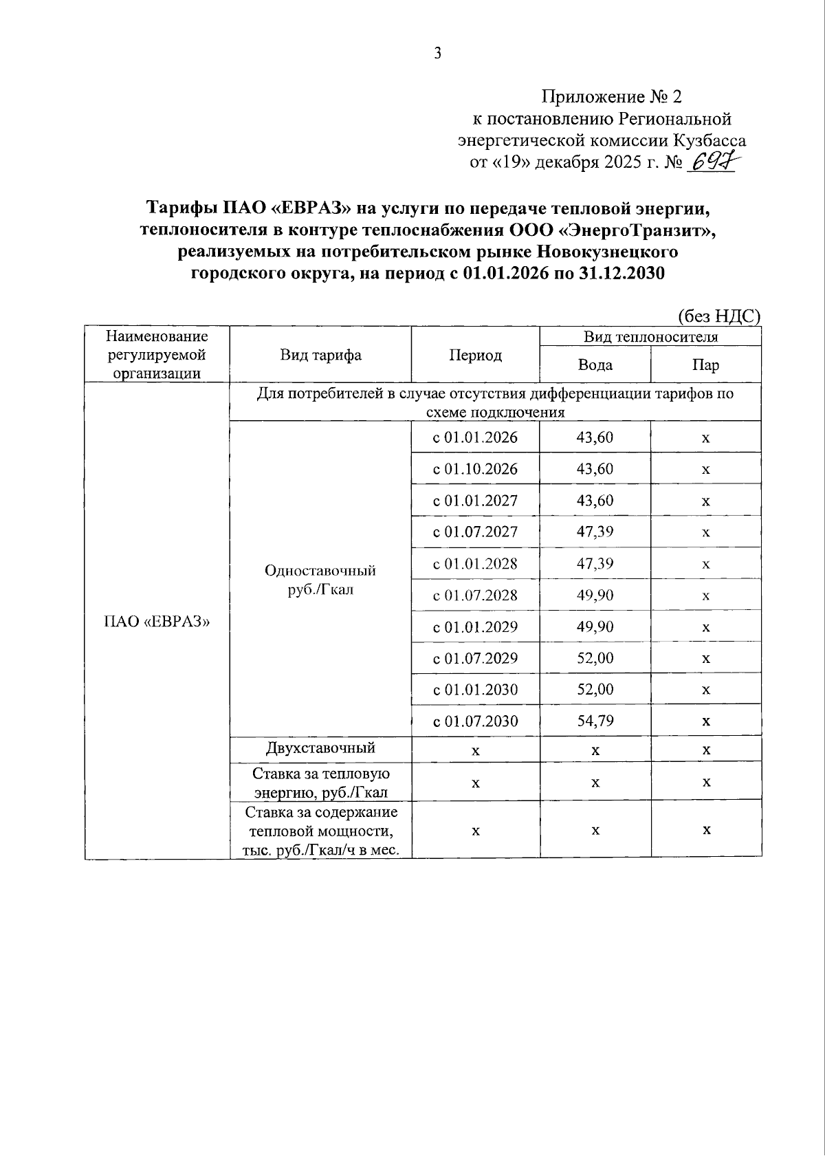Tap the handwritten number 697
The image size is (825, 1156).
point(713,163)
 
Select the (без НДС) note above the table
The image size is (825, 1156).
point(719,316)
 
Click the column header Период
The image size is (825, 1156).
point(475,355)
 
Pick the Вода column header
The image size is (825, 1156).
point(595,364)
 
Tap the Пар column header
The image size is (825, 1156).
point(705,364)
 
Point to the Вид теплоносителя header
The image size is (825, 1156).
point(650,336)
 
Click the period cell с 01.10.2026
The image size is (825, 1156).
point(475,469)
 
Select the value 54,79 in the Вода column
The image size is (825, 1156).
point(595,721)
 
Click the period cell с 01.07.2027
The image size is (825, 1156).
point(475,532)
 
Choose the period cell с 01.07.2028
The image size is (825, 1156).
point(475,595)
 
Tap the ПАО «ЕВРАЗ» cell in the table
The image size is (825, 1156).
point(156,622)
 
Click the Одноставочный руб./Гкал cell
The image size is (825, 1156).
point(320,580)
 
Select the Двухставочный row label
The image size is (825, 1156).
point(320,748)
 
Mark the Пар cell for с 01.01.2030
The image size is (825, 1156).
point(705,690)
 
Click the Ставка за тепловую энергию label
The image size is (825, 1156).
point(320,783)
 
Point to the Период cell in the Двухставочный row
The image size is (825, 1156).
point(475,750)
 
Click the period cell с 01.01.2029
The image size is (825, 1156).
point(475,626)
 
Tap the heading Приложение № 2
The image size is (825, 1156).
point(611,96)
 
